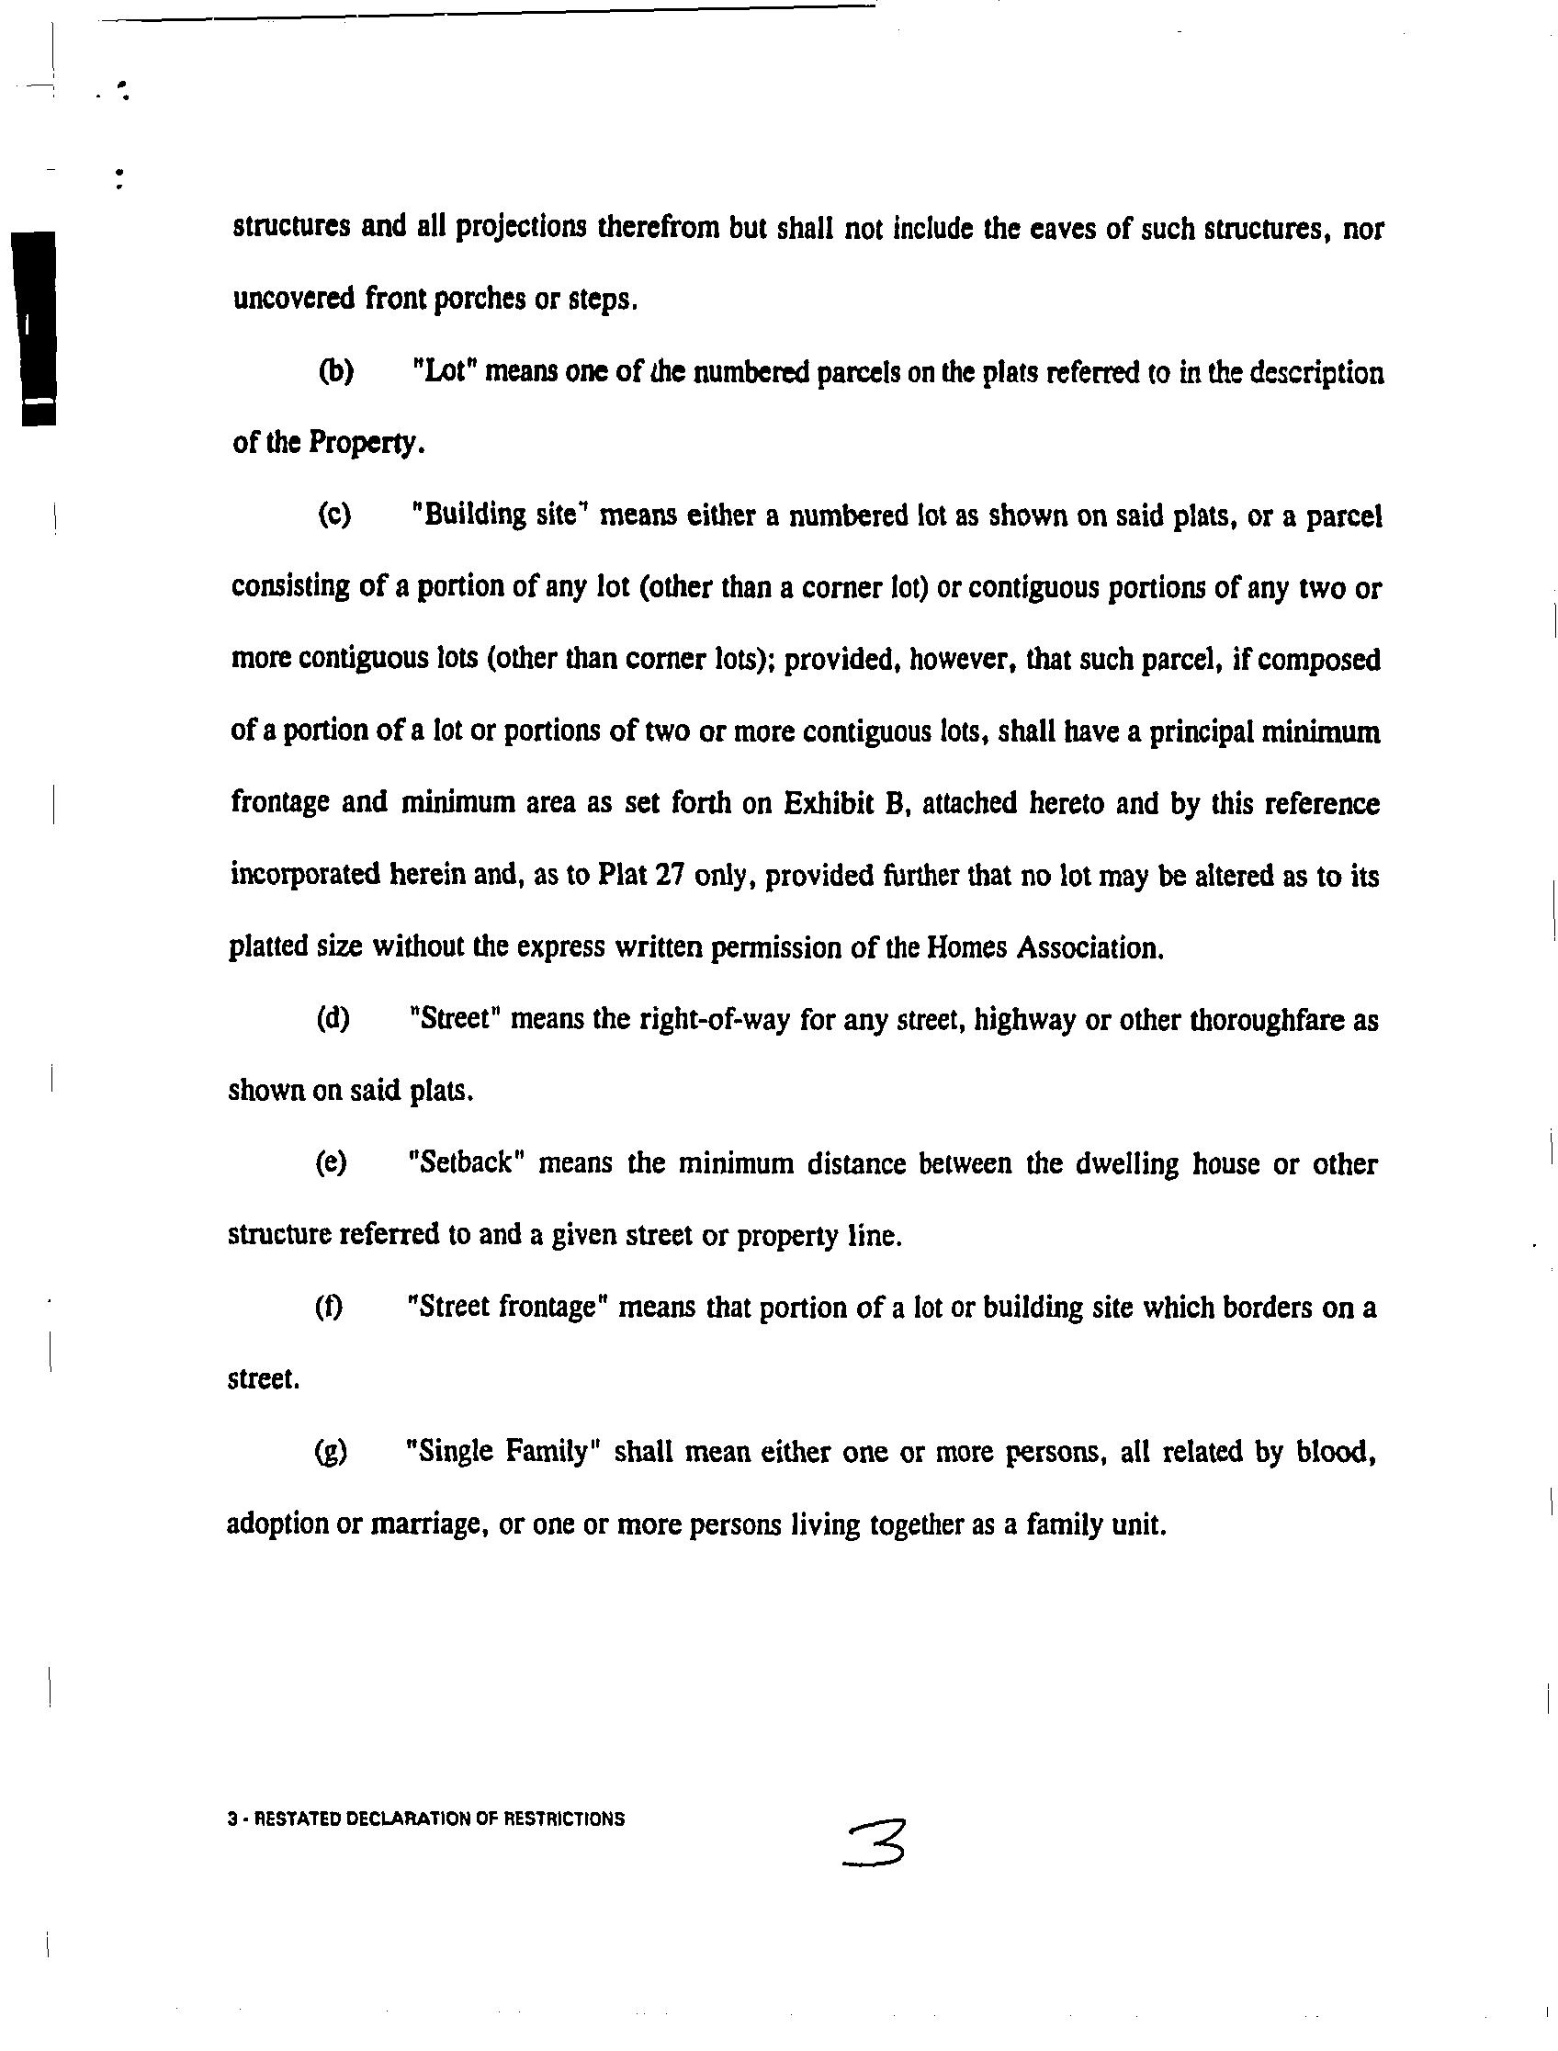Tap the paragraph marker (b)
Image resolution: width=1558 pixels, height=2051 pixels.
point(335,372)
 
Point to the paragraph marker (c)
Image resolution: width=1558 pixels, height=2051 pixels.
point(334,515)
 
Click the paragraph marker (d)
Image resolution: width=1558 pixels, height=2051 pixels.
point(333,1019)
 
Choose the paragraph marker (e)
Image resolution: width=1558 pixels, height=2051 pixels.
point(331,1163)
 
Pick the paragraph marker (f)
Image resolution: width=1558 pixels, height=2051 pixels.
point(329,1307)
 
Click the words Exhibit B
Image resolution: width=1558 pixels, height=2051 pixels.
point(843,802)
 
